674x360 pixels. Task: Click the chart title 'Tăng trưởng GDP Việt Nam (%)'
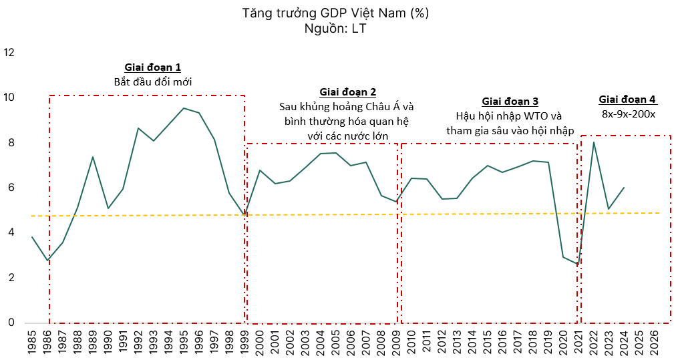click(336, 13)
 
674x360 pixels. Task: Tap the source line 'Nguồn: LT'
click(336, 28)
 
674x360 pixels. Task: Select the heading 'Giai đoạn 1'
click(152, 67)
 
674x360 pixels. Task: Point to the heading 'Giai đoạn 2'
click(347, 92)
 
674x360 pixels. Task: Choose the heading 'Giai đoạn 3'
click(510, 101)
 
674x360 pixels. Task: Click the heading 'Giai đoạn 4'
click(627, 100)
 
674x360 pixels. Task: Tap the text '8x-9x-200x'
click(628, 114)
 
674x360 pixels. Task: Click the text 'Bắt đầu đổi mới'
click(153, 82)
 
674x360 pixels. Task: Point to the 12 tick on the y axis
click(9, 52)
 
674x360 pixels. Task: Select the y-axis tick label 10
click(9, 98)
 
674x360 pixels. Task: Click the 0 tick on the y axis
click(9, 323)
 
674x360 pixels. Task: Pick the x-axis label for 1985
click(32, 341)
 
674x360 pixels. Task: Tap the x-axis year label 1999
click(244, 341)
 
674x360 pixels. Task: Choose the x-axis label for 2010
click(411, 341)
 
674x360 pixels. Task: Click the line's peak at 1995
click(184, 108)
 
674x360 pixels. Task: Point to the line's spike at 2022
click(593, 142)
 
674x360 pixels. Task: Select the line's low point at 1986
click(47, 260)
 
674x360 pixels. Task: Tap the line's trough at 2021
click(578, 265)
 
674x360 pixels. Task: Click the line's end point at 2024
click(624, 188)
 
